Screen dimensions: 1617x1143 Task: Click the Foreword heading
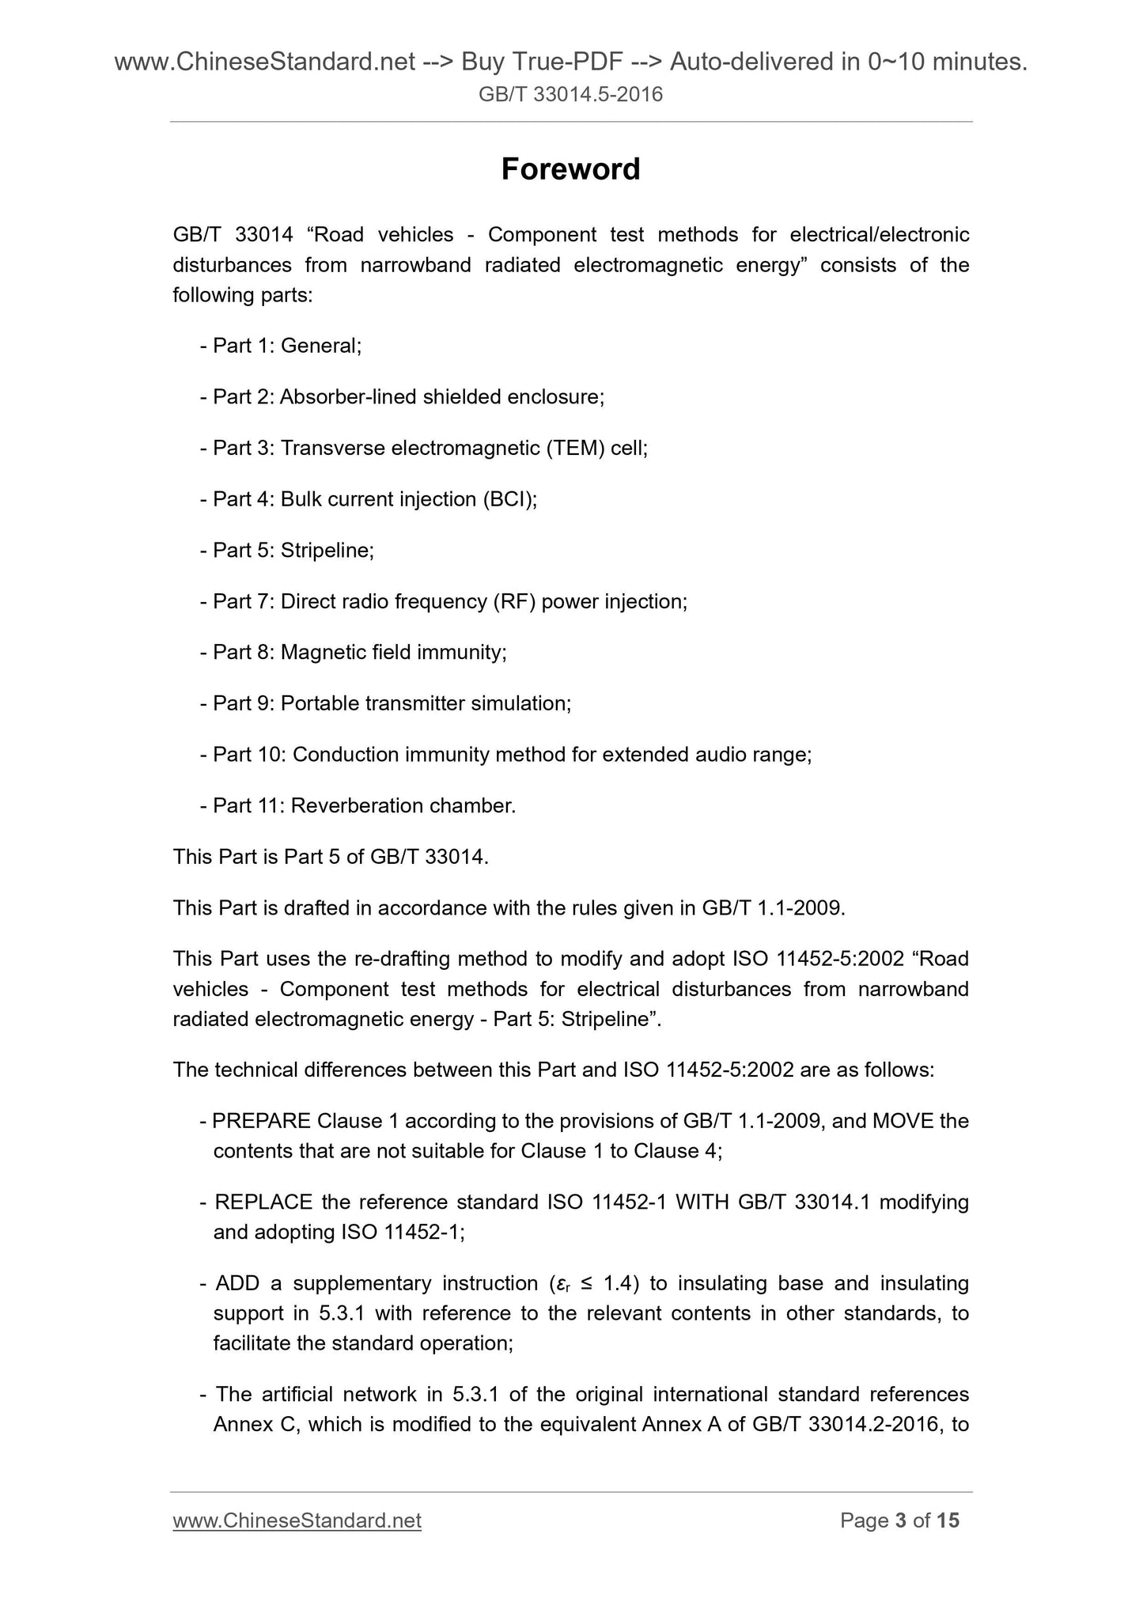570,169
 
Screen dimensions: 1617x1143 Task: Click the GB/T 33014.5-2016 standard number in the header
570,95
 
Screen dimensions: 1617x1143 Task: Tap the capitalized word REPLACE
263,1202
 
